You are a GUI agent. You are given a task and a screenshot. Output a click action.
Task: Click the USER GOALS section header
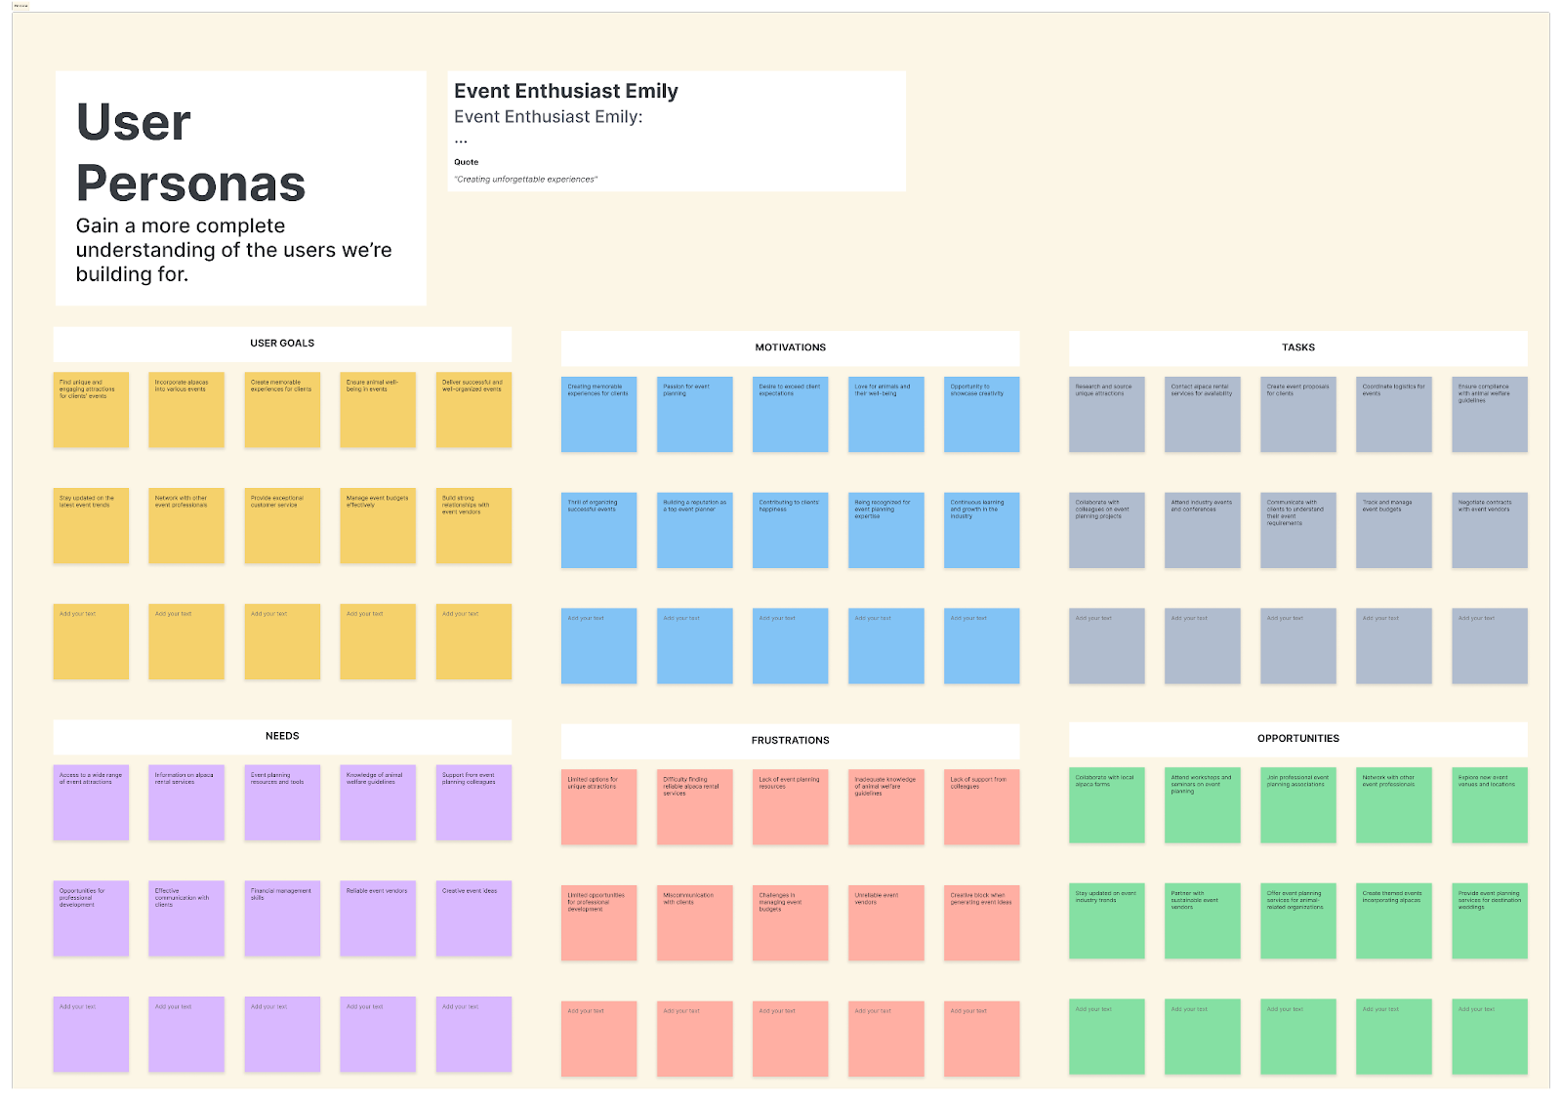(282, 344)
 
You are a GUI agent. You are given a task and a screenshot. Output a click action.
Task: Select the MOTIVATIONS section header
(790, 347)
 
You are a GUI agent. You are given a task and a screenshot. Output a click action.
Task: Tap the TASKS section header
(1297, 347)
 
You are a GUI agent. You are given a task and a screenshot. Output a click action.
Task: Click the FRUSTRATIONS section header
(790, 741)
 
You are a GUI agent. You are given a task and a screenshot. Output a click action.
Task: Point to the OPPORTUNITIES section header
(1297, 739)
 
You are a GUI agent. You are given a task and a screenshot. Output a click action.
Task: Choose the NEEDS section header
(282, 736)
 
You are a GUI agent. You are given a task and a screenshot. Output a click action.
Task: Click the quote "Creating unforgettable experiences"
(526, 180)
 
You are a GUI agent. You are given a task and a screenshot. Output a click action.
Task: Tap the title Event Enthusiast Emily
(566, 92)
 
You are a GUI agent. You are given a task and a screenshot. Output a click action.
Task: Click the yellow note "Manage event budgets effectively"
(378, 526)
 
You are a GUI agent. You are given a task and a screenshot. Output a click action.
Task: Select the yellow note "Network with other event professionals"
(186, 526)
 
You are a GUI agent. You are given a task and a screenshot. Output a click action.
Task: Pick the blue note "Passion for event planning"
(694, 415)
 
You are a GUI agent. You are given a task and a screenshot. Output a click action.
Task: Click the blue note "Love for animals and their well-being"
(885, 415)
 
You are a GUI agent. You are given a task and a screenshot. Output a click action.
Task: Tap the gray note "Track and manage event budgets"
(1393, 530)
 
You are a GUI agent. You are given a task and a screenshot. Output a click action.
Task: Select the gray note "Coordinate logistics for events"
(1393, 415)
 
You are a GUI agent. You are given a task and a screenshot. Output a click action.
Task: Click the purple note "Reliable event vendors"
(378, 918)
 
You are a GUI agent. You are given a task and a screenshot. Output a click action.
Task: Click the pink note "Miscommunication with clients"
(694, 922)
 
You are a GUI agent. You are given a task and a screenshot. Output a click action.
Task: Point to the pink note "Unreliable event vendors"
(885, 922)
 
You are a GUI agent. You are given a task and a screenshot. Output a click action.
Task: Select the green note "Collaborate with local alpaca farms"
(1106, 805)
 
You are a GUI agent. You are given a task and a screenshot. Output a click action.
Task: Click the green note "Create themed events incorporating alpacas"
(1393, 920)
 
